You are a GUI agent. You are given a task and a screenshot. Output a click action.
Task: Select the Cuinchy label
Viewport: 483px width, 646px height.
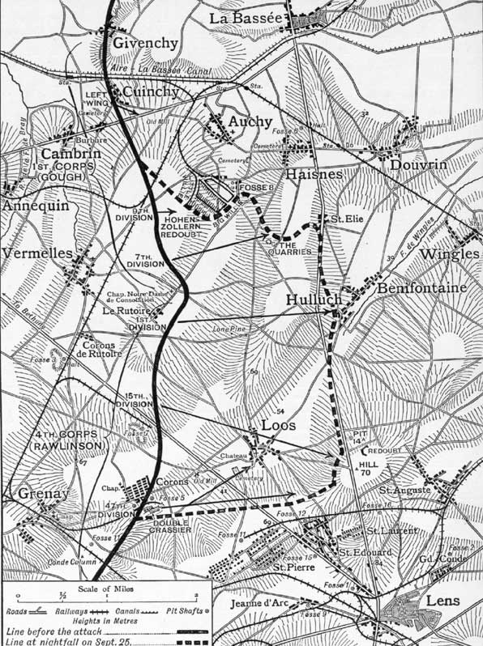pos(151,93)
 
